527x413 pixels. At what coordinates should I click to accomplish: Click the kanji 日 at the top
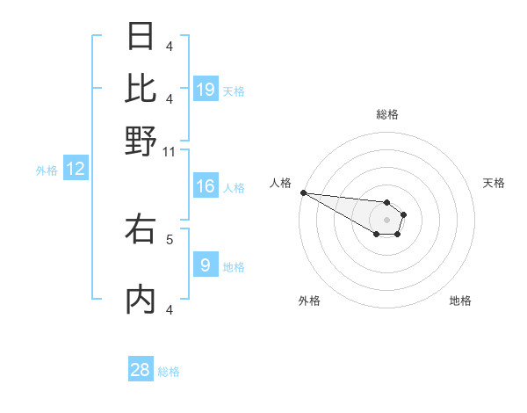tap(141, 37)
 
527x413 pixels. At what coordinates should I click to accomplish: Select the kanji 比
tap(141, 89)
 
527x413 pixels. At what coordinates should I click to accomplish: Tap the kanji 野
tap(141, 141)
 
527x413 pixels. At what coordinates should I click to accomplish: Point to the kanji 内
tap(141, 300)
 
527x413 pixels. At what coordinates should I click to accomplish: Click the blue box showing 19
tap(206, 89)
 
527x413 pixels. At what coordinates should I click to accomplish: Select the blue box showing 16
tap(206, 186)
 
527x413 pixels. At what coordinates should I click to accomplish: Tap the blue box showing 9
tap(206, 265)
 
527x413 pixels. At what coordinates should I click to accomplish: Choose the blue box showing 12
tap(76, 169)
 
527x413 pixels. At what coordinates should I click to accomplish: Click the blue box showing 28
tap(141, 370)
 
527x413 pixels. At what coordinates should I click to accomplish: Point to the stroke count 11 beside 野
tap(170, 152)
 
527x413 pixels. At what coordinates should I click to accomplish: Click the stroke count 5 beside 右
tap(170, 238)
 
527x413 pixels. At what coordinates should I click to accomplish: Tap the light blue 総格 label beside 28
tap(169, 372)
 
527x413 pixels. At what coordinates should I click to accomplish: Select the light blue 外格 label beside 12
tap(47, 170)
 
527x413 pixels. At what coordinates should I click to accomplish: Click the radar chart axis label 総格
tap(386, 114)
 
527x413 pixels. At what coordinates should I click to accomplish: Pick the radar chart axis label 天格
tap(494, 183)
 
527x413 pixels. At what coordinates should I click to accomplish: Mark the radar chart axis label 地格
tap(460, 301)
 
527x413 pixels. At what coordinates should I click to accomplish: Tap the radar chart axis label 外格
tap(309, 301)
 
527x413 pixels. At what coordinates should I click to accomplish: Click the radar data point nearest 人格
tap(303, 192)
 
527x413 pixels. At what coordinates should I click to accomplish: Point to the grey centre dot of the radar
tap(386, 220)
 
